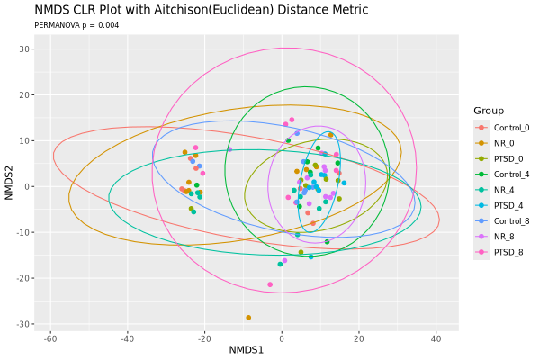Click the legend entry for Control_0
511,128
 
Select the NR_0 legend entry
504,143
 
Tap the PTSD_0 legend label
508,158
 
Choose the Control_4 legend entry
511,175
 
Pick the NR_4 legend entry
504,190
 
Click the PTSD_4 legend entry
508,206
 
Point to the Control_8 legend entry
511,221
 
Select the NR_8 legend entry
504,237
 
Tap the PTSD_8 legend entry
508,252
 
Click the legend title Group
489,111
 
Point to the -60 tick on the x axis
50,339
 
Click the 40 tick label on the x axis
436,339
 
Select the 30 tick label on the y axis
25,49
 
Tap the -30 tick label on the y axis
23,324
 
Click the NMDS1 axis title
247,350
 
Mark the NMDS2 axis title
9,183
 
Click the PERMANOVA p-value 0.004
109,25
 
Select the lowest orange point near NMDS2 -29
248,318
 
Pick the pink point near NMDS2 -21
270,284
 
